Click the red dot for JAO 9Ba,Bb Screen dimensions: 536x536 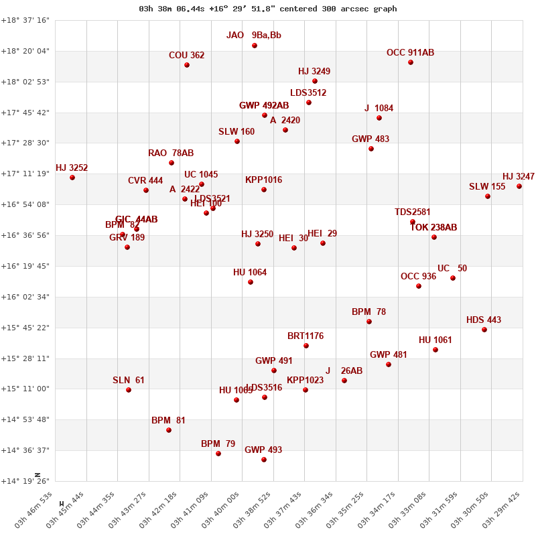coord(255,46)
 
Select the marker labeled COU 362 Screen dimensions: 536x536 coord(187,65)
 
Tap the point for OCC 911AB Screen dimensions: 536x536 coord(411,62)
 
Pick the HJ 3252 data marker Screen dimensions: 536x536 coord(72,178)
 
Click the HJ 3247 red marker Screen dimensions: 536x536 coord(519,186)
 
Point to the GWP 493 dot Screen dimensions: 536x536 coord(264,460)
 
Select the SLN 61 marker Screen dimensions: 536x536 coord(129,390)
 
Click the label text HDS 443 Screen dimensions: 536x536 coord(484,320)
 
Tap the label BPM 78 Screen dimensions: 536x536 coord(368,312)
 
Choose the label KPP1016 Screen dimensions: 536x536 coord(263,180)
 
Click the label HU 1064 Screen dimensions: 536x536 coord(250,273)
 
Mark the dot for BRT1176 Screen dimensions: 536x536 coord(306,346)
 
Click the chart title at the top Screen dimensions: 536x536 coord(268,9)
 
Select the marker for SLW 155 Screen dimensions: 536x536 coord(488,196)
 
